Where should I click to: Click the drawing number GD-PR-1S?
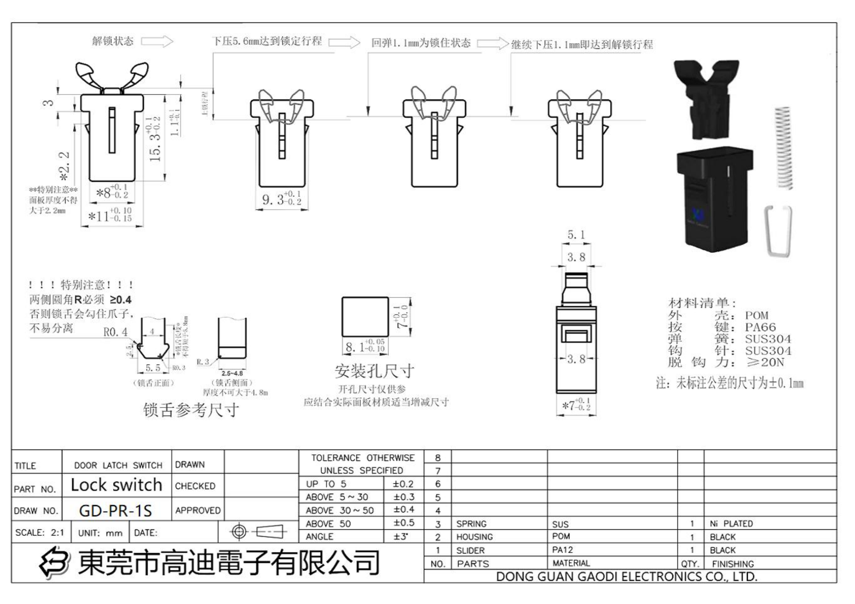pos(115,510)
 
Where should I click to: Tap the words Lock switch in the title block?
pos(117,485)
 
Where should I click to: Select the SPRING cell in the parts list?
pos(471,524)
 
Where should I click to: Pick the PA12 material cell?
pos(563,550)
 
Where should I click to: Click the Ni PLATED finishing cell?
pos(731,524)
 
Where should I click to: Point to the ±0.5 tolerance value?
pos(403,523)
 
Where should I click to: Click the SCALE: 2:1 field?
pos(40,532)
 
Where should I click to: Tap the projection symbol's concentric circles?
pos(239,532)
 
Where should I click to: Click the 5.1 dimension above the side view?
pos(576,235)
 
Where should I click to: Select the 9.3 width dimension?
pos(281,199)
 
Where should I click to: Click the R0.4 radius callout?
pos(115,332)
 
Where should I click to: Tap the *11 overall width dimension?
pos(110,217)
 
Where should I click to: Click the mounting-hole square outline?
pos(365,317)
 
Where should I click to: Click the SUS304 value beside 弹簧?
pos(768,339)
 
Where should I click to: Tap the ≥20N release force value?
pos(765,362)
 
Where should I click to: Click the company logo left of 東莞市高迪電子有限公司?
pos(54,563)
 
